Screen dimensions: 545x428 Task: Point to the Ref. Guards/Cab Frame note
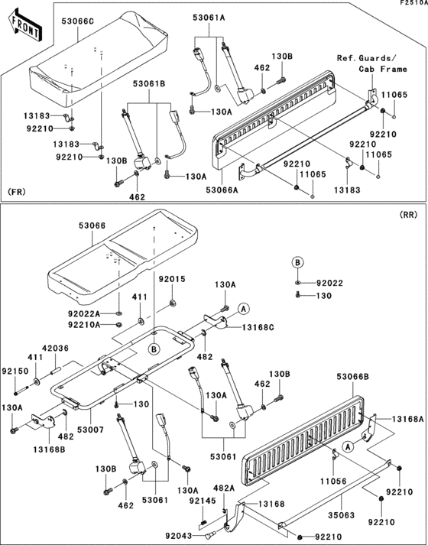pyautogui.click(x=367, y=64)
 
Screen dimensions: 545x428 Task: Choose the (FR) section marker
pyautogui.click(x=16, y=190)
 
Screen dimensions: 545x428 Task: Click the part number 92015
pyautogui.click(x=172, y=280)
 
